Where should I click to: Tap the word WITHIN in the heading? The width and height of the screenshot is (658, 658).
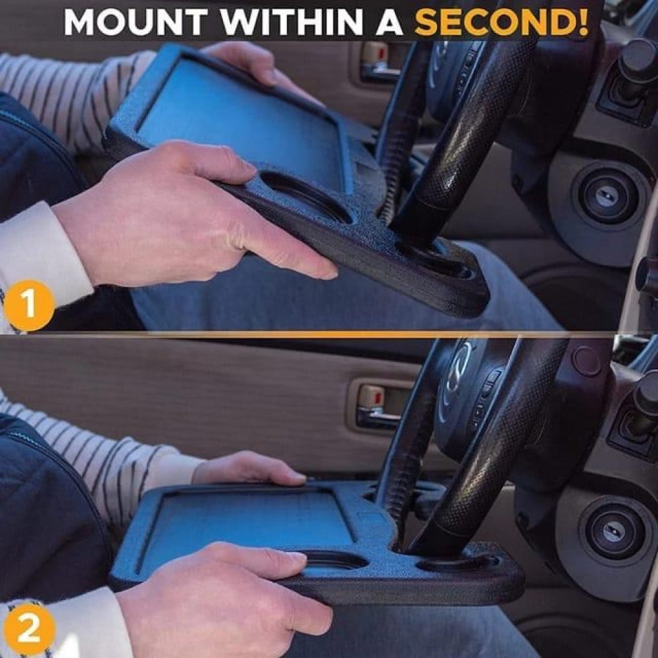pyautogui.click(x=291, y=21)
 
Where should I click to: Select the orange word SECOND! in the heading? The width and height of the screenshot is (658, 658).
pyautogui.click(x=501, y=21)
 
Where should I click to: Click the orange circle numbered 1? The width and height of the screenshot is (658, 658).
pyautogui.click(x=28, y=305)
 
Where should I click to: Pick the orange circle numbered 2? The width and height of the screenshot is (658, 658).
pyautogui.click(x=28, y=629)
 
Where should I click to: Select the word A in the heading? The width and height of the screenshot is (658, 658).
pyautogui.click(x=389, y=21)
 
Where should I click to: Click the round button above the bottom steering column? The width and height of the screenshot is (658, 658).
pyautogui.click(x=587, y=361)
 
